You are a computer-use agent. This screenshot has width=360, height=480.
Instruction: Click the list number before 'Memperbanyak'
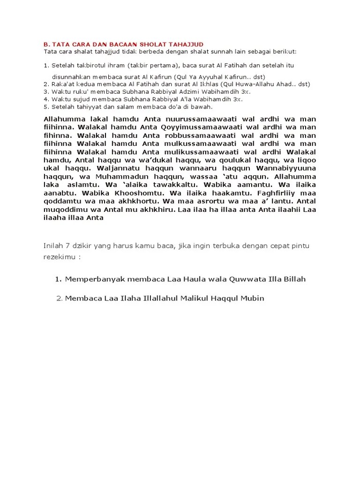58,279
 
